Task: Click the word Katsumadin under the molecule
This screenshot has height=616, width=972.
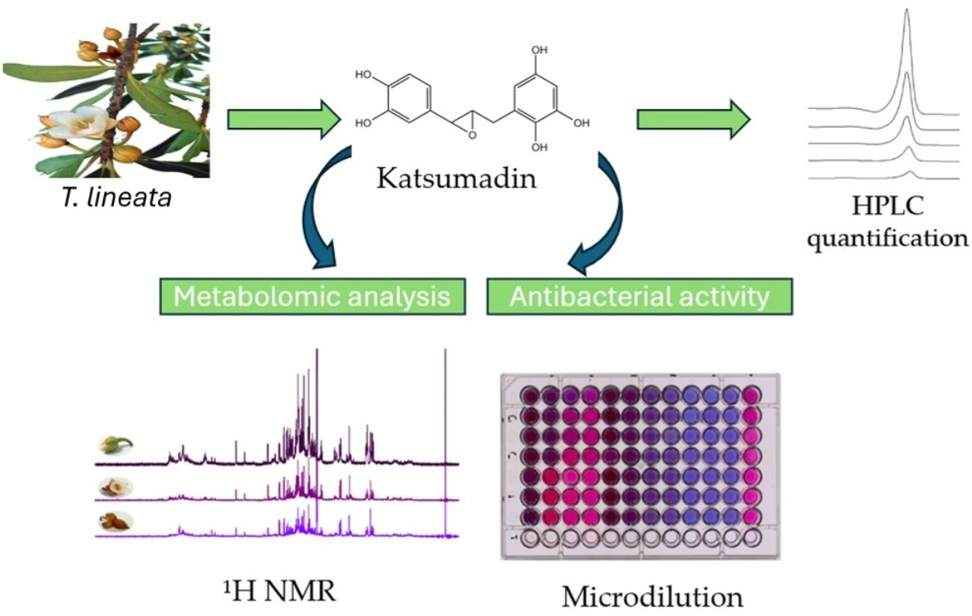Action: pyautogui.click(x=457, y=178)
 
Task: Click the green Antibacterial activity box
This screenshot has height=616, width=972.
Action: pyautogui.click(x=640, y=296)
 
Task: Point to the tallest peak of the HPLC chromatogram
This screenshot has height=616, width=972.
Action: pyautogui.click(x=906, y=16)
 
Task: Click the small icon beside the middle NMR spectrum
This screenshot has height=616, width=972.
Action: pyautogui.click(x=115, y=487)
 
